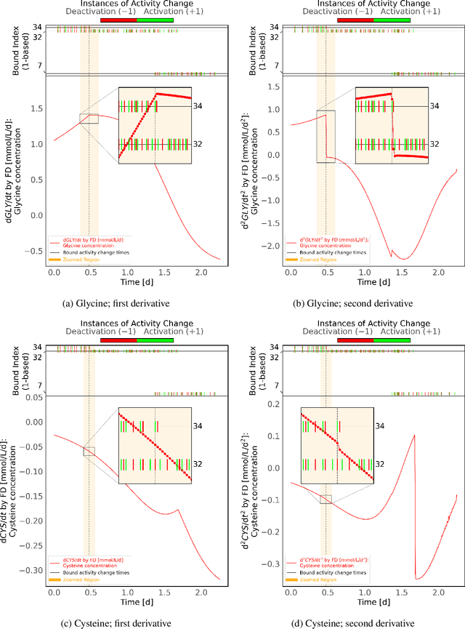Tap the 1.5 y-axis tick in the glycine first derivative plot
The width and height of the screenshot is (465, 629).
pyautogui.click(x=36, y=108)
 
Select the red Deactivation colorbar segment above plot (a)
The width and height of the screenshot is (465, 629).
pyautogui.click(x=118, y=20)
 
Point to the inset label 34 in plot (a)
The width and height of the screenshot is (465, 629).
pyautogui.click(x=198, y=105)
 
